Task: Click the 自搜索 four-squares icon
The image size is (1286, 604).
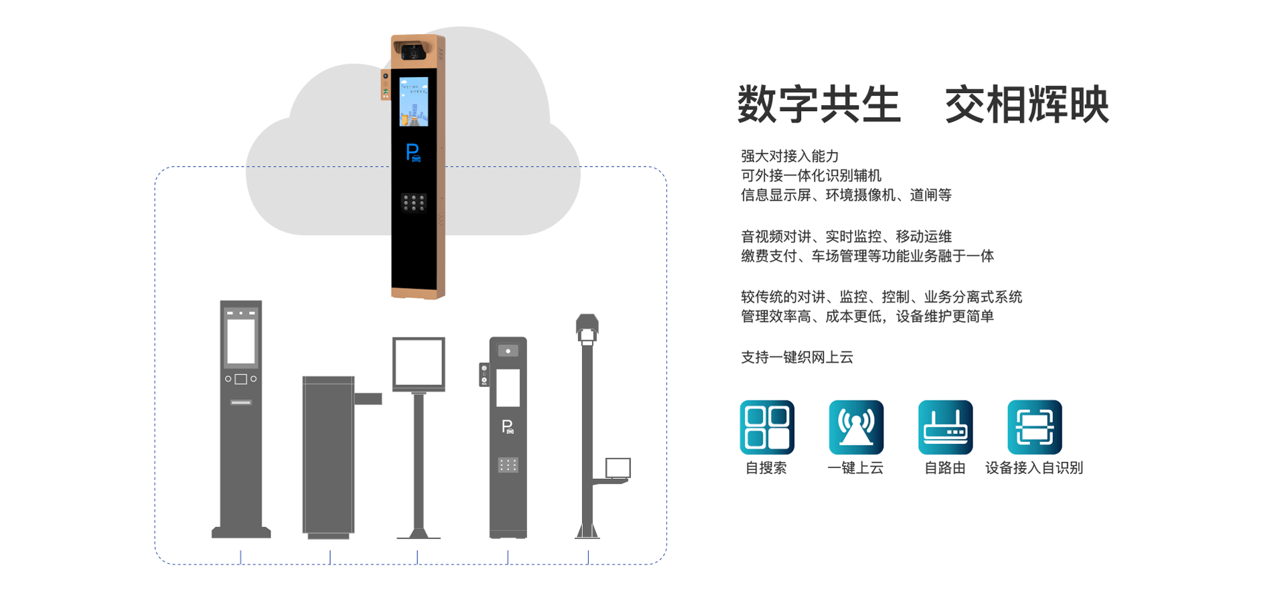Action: click(767, 427)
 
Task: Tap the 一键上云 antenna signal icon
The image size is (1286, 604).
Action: click(856, 427)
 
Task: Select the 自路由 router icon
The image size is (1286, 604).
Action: click(945, 427)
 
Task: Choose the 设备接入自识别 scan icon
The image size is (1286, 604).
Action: click(1034, 427)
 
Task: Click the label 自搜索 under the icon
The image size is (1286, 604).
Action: click(766, 468)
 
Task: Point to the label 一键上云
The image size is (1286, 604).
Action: click(855, 468)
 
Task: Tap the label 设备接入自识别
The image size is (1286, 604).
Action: click(1034, 468)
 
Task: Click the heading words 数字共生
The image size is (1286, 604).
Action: click(818, 104)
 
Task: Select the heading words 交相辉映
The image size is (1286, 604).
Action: click(1027, 104)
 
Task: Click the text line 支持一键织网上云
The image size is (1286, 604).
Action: click(797, 358)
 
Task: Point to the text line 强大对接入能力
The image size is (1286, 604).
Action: click(790, 156)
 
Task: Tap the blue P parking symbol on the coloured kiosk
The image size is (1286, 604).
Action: click(413, 153)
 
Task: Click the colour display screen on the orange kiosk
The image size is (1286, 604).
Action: click(414, 102)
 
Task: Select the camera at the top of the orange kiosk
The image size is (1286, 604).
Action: click(411, 51)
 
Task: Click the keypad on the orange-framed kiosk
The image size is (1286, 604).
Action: click(413, 203)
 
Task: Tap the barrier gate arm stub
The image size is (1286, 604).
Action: click(368, 398)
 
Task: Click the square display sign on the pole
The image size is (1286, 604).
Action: click(419, 364)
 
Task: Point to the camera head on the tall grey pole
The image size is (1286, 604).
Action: click(587, 328)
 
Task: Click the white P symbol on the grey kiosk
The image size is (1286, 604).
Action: click(508, 427)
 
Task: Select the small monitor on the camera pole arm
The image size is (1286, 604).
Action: click(618, 468)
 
